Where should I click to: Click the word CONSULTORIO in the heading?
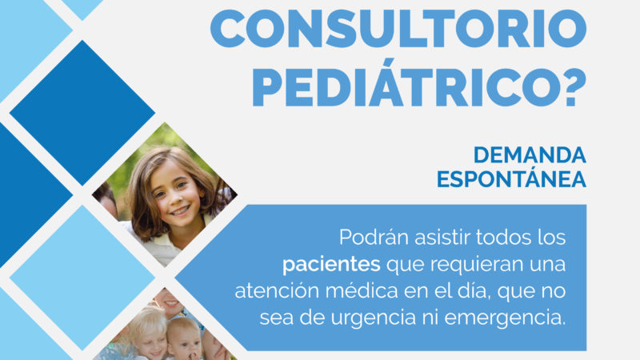pos(398,30)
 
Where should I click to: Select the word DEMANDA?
pos(530,155)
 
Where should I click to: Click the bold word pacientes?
pos(331,265)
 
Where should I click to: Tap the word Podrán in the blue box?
pos(374,237)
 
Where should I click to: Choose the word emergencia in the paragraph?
pos(505,318)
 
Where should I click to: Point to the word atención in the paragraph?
pos(277,291)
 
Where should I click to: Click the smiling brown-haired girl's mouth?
pos(180,211)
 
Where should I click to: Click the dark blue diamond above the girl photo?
pos(82,113)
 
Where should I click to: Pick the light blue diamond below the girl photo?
pos(82,278)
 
